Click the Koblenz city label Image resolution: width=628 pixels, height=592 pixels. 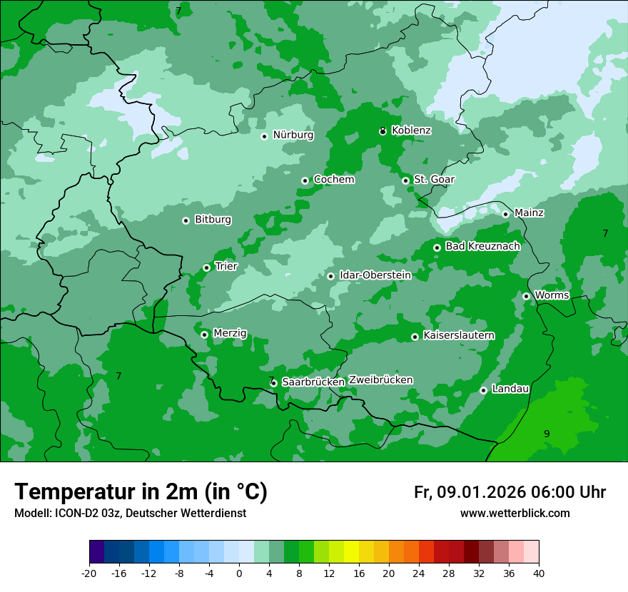pyautogui.click(x=411, y=131)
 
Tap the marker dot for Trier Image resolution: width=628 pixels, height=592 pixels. pyautogui.click(x=206, y=267)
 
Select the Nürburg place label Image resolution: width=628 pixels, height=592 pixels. pyautogui.click(x=293, y=135)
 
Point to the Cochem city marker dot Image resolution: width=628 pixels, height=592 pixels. pyautogui.click(x=305, y=180)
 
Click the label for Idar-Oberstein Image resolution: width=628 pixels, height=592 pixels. pyautogui.click(x=375, y=275)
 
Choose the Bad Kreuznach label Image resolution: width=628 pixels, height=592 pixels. pyautogui.click(x=482, y=246)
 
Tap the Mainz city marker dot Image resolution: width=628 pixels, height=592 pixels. pyautogui.click(x=505, y=214)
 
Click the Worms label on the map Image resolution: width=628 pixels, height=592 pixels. pyautogui.click(x=552, y=295)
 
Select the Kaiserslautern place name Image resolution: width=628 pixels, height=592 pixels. pyautogui.click(x=459, y=335)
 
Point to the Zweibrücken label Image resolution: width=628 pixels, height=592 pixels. pyautogui.click(x=380, y=380)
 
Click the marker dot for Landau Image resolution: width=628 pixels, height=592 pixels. pyautogui.click(x=483, y=390)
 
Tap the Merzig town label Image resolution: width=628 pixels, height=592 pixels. pyautogui.click(x=230, y=333)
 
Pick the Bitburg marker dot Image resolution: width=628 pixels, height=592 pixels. pyautogui.click(x=186, y=220)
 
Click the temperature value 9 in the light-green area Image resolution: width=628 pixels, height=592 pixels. pyautogui.click(x=547, y=434)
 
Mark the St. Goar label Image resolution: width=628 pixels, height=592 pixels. pyautogui.click(x=434, y=179)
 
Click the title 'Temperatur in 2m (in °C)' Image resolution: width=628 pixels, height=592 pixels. pyautogui.click(x=141, y=491)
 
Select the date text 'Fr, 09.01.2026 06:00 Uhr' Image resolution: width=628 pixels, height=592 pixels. pyautogui.click(x=510, y=492)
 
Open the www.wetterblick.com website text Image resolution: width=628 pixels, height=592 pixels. pyautogui.click(x=515, y=513)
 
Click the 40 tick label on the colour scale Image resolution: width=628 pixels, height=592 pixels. pyautogui.click(x=539, y=573)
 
